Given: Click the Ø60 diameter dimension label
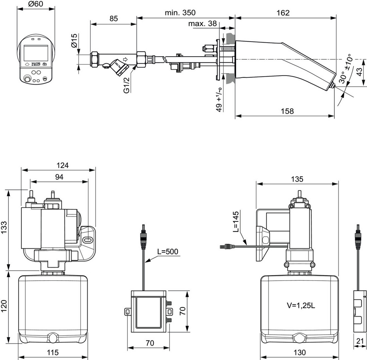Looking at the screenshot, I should point(36,5).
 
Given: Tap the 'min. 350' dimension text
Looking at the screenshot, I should point(180,13).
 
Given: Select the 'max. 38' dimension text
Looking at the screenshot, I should point(202,24).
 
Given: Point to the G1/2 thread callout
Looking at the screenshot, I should point(127,86).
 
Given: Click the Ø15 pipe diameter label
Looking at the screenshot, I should point(74,40).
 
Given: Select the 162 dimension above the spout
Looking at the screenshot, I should point(283,13).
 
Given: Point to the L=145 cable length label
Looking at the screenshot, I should point(235,221).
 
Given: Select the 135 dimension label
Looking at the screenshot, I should point(297,179).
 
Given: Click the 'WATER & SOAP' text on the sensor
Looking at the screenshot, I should point(36,64).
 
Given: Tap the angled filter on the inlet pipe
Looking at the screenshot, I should point(120,67).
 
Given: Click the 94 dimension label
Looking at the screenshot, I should point(59,177).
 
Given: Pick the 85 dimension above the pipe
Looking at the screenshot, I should point(114,19).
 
